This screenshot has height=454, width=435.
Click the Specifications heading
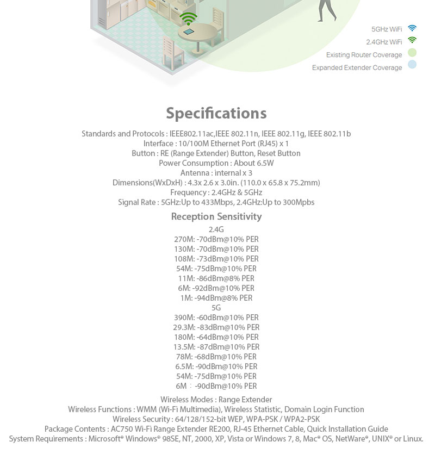(216, 113)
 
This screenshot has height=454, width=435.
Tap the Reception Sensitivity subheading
(216, 216)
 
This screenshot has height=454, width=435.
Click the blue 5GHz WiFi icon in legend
(412, 28)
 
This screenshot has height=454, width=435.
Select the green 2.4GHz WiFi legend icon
(412, 41)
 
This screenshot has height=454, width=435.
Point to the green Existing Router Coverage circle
(412, 53)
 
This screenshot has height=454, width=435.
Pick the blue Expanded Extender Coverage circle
(412, 65)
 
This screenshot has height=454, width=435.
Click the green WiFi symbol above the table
(189, 18)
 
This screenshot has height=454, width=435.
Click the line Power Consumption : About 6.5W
(216, 163)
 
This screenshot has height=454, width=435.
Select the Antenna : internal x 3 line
(216, 173)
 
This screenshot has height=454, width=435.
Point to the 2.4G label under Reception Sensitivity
(216, 229)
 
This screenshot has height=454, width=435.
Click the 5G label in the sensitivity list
(216, 308)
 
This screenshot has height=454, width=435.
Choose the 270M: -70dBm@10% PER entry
(216, 239)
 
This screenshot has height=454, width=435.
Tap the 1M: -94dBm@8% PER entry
(216, 298)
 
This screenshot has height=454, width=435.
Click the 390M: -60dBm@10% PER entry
(216, 318)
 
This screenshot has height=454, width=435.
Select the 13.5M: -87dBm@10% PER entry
(216, 347)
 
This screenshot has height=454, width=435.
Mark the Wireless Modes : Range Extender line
(216, 400)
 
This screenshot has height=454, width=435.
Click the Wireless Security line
(216, 419)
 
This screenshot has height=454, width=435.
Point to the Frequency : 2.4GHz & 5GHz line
(216, 192)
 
